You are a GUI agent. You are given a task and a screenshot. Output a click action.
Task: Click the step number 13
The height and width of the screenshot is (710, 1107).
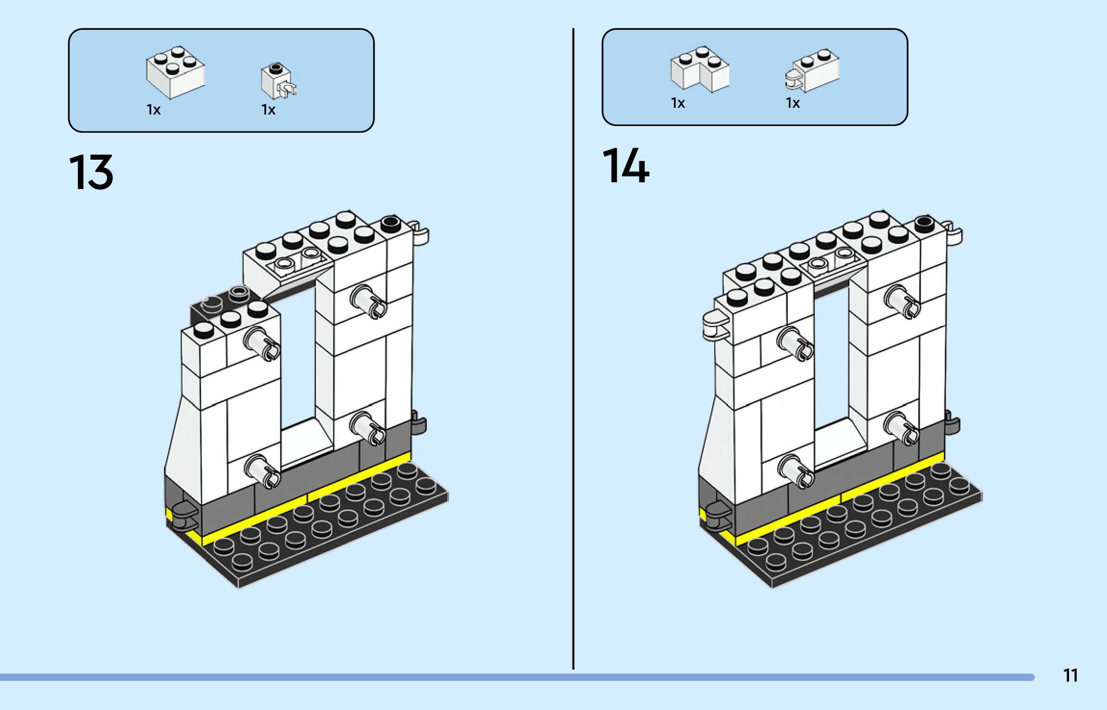(91, 172)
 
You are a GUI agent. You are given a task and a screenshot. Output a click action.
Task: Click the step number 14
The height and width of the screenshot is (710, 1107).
(626, 166)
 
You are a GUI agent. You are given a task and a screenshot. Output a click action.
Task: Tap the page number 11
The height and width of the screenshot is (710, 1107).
(1070, 675)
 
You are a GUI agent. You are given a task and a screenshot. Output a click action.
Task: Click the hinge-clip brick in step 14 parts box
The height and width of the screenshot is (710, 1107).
(812, 71)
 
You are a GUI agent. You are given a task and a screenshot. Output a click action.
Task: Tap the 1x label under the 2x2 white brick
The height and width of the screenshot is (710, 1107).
(153, 110)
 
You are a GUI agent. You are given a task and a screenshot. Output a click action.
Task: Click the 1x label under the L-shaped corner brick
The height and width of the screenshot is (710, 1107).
(678, 103)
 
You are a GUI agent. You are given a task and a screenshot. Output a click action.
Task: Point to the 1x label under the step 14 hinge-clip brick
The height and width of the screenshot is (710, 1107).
(793, 103)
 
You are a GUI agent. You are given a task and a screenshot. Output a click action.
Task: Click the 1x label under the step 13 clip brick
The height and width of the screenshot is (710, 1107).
(268, 110)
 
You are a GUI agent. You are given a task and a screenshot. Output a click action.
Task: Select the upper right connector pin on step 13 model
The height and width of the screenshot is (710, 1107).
(368, 301)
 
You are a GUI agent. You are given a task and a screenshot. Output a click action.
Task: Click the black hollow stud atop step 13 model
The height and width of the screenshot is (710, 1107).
(391, 223)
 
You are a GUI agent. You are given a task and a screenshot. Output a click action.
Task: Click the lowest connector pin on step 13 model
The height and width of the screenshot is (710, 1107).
(263, 471)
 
